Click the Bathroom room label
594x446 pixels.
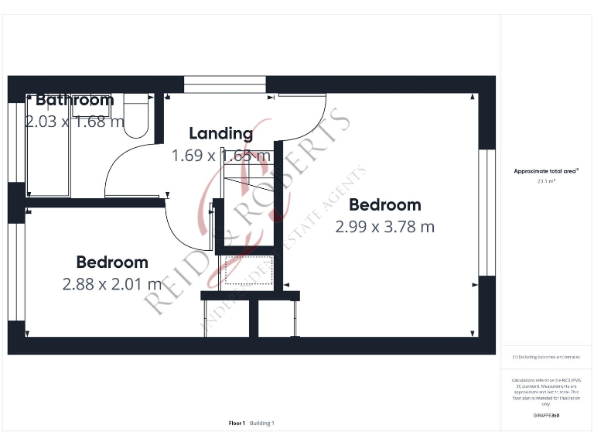pyautogui.click(x=74, y=100)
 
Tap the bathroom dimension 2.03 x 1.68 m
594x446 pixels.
pyautogui.click(x=74, y=122)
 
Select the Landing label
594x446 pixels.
pyautogui.click(x=220, y=133)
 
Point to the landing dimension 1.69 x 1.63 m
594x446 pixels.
pyautogui.click(x=220, y=156)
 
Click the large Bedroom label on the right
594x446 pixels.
pyautogui.click(x=384, y=205)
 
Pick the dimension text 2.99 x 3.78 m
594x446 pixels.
pyautogui.click(x=384, y=227)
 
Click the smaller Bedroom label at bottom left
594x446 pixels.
pyautogui.click(x=111, y=262)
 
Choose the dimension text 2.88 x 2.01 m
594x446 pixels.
pyautogui.click(x=111, y=284)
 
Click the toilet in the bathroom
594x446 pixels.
pyautogui.click(x=137, y=116)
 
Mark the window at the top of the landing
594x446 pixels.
pyautogui.click(x=224, y=84)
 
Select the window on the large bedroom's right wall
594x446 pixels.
pyautogui.click(x=486, y=212)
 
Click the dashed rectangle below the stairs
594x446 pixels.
pyautogui.click(x=246, y=271)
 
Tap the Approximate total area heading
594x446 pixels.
pyautogui.click(x=547, y=171)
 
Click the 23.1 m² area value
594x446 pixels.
pyautogui.click(x=547, y=181)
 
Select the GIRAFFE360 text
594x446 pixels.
pyautogui.click(x=547, y=416)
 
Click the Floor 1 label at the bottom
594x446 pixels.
pyautogui.click(x=237, y=424)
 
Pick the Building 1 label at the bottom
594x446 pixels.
pyautogui.click(x=261, y=424)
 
